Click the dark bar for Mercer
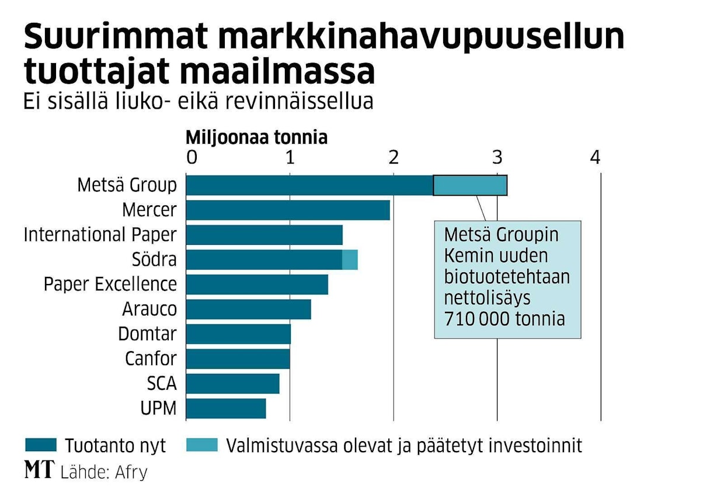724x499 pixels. [x=288, y=210]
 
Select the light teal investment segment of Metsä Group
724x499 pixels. [x=470, y=185]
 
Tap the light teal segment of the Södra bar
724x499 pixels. [x=350, y=259]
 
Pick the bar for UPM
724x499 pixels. [x=226, y=408]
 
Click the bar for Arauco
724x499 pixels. [x=248, y=309]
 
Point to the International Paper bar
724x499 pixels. [x=264, y=234]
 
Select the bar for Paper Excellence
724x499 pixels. [x=257, y=284]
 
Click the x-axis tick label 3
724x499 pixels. [x=497, y=157]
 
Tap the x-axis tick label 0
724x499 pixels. [x=191, y=157]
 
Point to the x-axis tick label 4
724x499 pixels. [x=595, y=157]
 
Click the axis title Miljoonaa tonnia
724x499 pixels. [x=256, y=138]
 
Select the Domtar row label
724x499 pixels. [x=147, y=334]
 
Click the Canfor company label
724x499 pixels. [x=151, y=359]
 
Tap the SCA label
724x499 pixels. [x=162, y=384]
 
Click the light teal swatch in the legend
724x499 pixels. [x=201, y=445]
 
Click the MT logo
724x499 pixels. [x=39, y=470]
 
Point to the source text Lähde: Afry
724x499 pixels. [x=103, y=472]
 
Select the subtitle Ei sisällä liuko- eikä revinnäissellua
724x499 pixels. [x=198, y=101]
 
